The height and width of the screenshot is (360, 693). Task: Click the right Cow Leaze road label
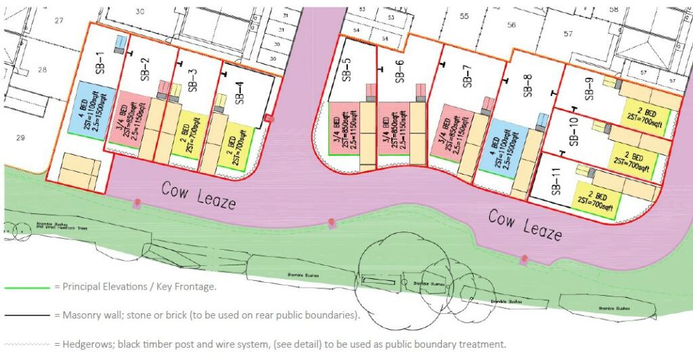[525, 225]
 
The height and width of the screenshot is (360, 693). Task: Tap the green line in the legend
[27, 288]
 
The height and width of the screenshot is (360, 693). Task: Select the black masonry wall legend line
[27, 315]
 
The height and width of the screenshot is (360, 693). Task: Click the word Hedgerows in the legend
[85, 344]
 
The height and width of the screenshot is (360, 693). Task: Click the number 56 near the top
[512, 25]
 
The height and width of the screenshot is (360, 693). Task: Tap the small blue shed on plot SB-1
[120, 43]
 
